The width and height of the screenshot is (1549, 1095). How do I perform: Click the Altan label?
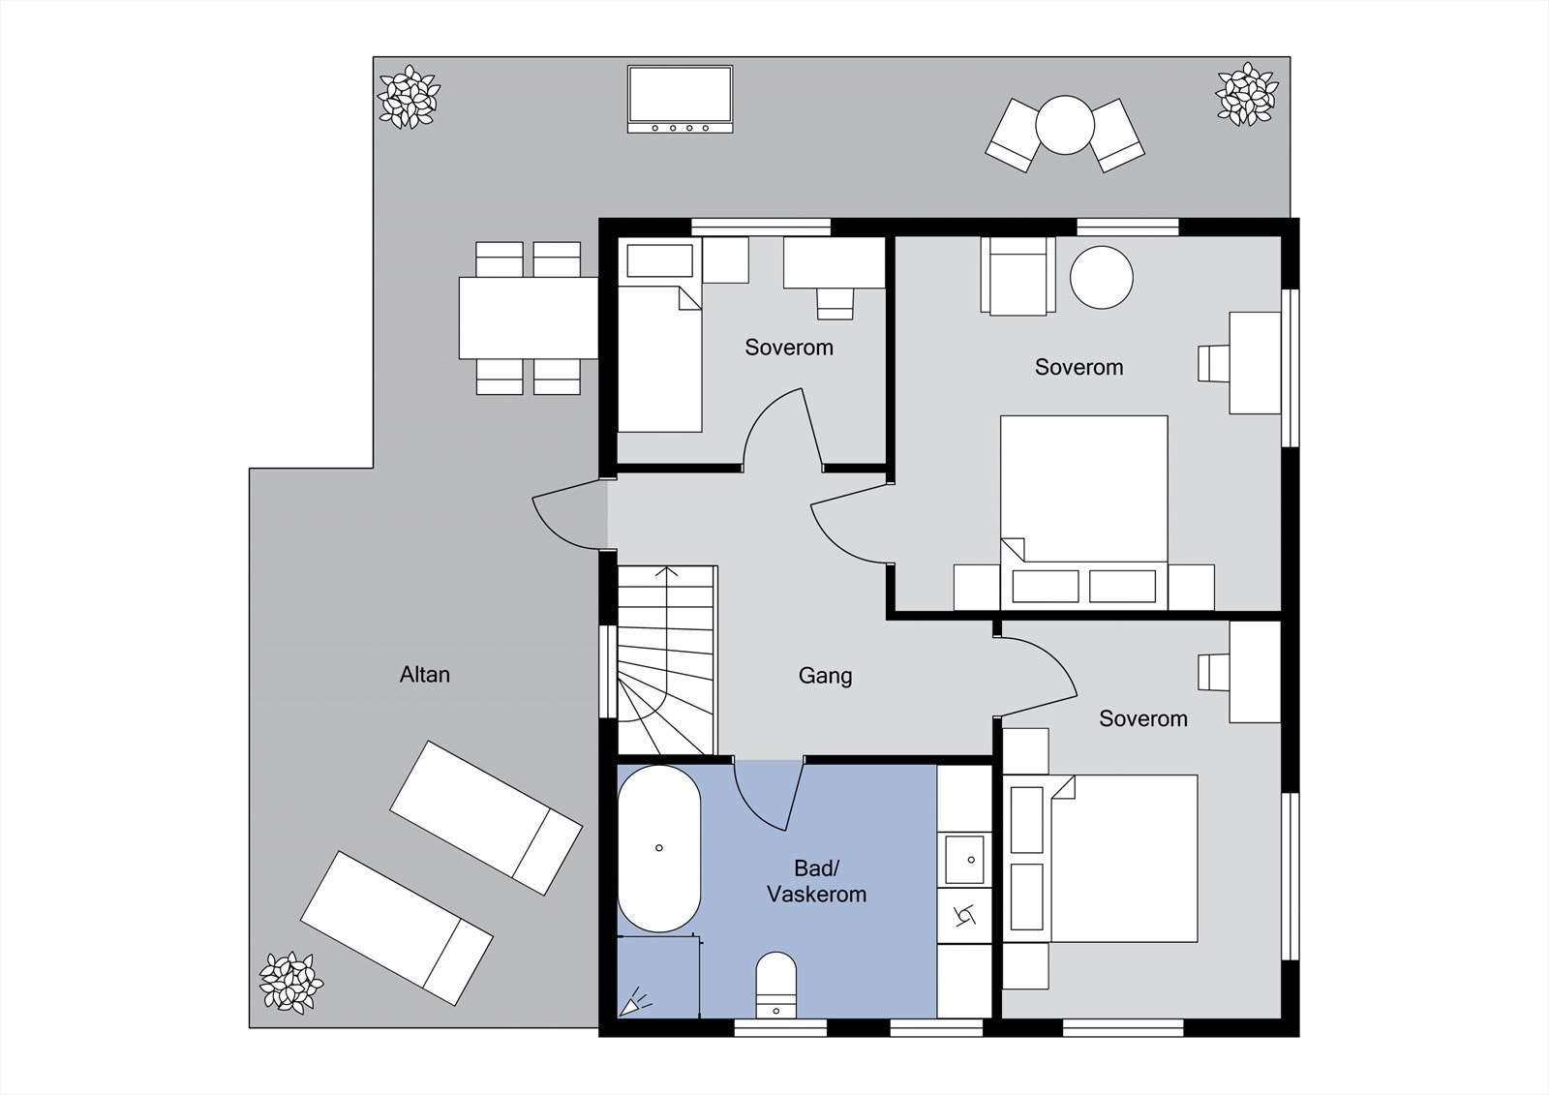click(425, 675)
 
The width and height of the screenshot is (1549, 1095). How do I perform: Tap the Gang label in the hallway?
click(825, 676)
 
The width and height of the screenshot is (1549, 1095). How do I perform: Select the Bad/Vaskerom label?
click(817, 881)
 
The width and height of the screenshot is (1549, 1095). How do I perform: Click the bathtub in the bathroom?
click(659, 849)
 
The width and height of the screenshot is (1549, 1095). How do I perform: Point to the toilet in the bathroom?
click(775, 985)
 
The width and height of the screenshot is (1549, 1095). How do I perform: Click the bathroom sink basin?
click(964, 860)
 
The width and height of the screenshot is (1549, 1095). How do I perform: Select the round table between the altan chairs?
click(1065, 125)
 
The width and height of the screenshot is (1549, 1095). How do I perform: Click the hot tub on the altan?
click(680, 99)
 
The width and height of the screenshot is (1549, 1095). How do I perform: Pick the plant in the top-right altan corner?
click(1248, 95)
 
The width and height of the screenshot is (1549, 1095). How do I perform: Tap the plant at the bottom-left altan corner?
click(291, 983)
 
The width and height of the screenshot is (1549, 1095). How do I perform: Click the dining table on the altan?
click(529, 319)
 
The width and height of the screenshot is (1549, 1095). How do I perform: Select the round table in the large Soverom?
click(1102, 278)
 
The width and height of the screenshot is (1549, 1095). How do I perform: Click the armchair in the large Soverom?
click(1017, 276)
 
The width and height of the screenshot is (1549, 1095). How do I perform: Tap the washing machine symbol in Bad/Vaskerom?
click(964, 917)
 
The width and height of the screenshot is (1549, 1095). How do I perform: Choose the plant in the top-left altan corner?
click(410, 97)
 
